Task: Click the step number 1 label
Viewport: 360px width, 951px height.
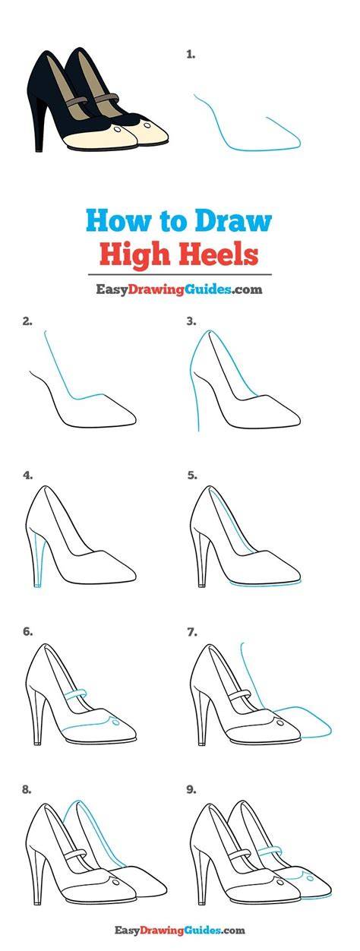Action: point(191,55)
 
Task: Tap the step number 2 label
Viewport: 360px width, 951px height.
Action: point(27,321)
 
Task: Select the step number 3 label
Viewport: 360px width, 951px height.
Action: point(191,321)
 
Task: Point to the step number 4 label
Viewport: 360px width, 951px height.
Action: point(27,475)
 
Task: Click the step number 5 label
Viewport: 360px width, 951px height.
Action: point(192,475)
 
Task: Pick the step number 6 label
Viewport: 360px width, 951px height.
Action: point(27,632)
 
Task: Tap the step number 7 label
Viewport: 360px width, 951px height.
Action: point(192,632)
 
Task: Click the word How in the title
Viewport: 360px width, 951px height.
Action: point(112,221)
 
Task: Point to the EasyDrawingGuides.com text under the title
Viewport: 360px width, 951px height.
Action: point(178,289)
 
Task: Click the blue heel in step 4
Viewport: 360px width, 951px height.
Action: point(37,559)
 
